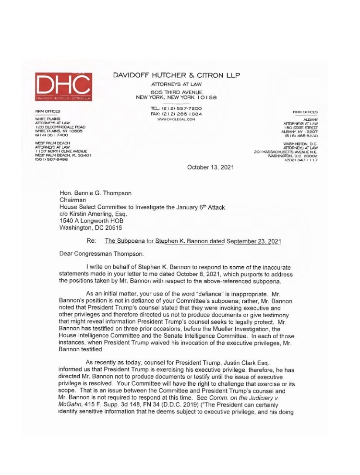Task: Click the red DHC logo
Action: [63, 86]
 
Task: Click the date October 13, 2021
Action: [210, 167]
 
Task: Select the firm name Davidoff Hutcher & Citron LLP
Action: [176, 75]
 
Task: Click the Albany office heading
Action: [311, 119]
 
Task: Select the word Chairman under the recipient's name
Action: [72, 200]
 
